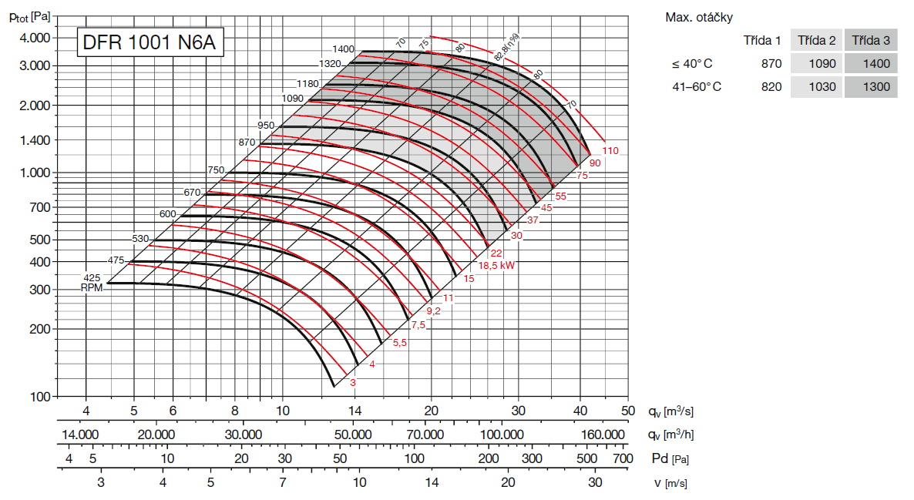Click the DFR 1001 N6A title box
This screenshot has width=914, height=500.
pyautogui.click(x=150, y=43)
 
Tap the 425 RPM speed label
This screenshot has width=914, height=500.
pyautogui.click(x=92, y=277)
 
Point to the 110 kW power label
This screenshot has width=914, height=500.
pyautogui.click(x=610, y=151)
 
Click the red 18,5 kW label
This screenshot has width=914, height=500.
pyautogui.click(x=496, y=265)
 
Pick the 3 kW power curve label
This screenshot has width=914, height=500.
pyautogui.click(x=353, y=382)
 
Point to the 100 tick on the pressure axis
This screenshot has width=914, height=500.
pyautogui.click(x=40, y=397)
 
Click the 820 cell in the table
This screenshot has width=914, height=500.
pyautogui.click(x=771, y=87)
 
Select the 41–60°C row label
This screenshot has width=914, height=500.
pyautogui.click(x=697, y=87)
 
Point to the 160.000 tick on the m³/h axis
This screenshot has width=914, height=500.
pyautogui.click(x=603, y=435)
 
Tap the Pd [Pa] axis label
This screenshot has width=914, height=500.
pyautogui.click(x=668, y=459)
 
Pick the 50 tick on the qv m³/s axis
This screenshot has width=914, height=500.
pyautogui.click(x=628, y=411)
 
